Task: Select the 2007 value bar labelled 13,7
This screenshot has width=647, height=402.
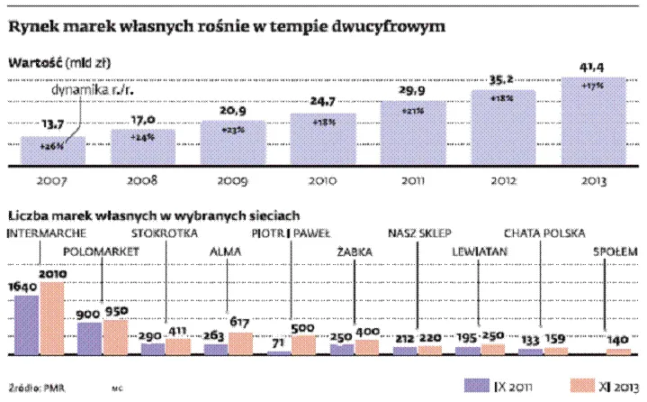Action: coord(52,151)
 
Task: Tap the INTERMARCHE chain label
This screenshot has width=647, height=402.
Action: coord(47,233)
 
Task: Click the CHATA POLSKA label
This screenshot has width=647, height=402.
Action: coord(545,233)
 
